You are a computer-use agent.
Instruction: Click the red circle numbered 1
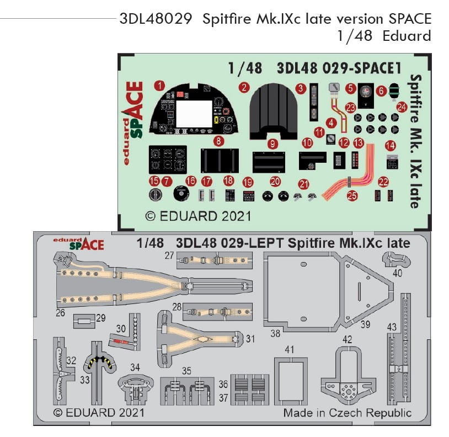tap(159, 86)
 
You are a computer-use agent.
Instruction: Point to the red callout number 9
tap(271, 143)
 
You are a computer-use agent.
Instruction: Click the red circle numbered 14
tap(391, 146)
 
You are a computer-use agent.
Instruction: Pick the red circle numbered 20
tap(275, 181)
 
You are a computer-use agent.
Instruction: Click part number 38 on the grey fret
tap(275, 334)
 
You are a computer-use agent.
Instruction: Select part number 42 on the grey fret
tap(347, 339)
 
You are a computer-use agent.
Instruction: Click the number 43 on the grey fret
tap(391, 327)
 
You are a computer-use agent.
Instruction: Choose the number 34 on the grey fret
tap(135, 367)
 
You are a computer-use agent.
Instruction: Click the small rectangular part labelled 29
tap(84, 319)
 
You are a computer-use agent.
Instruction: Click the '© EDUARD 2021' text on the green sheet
tap(197, 215)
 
